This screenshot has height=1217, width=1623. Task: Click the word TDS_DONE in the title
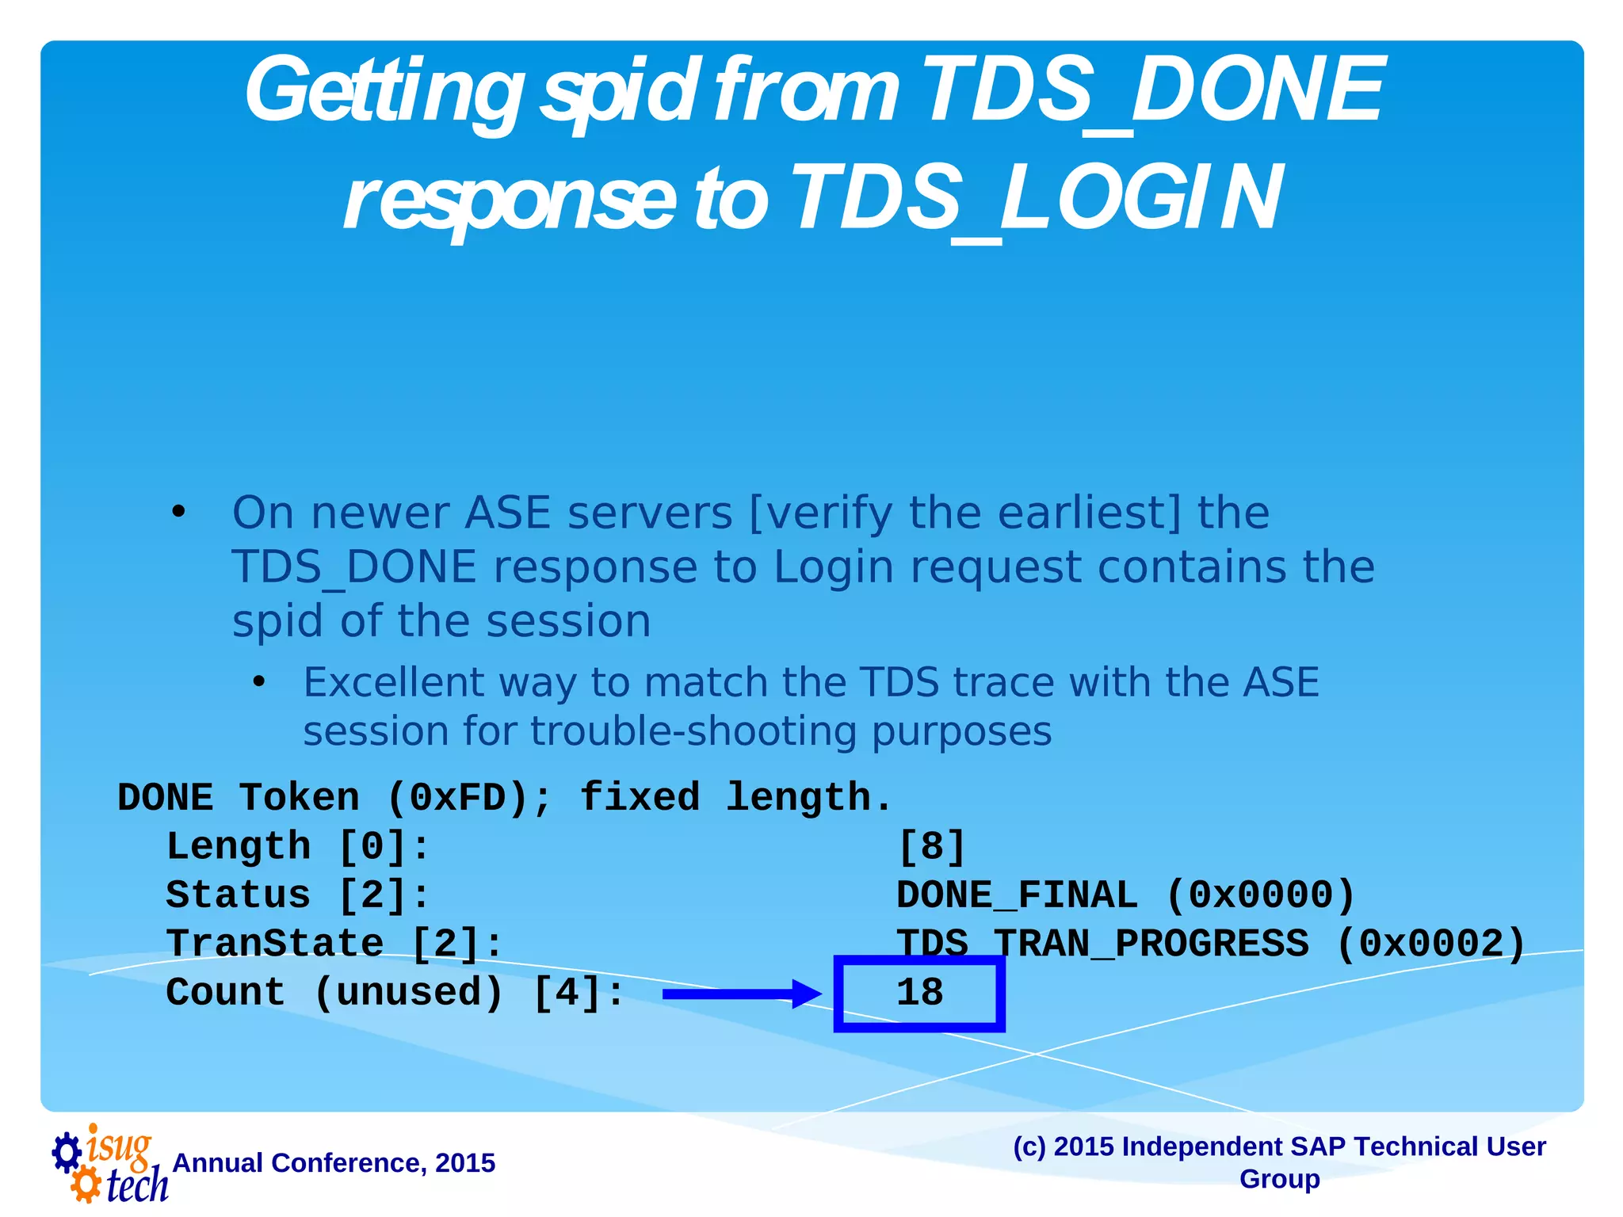click(x=1153, y=91)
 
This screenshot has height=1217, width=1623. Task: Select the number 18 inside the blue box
click(x=919, y=993)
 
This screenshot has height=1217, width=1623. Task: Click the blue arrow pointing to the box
click(x=741, y=994)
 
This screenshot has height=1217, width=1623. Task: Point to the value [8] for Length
click(x=931, y=847)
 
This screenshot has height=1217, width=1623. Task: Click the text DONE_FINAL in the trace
click(x=1017, y=895)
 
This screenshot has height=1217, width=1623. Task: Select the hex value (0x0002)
click(x=1430, y=944)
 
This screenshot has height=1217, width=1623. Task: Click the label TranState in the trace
click(x=275, y=944)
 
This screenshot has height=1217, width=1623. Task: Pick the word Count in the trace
click(x=225, y=993)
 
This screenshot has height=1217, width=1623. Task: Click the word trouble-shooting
click(x=693, y=731)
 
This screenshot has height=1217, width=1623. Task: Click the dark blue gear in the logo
click(x=67, y=1151)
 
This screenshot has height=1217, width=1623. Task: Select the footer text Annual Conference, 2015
click(x=334, y=1163)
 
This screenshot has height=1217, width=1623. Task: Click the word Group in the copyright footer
click(x=1279, y=1179)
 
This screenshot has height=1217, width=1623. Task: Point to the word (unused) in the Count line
click(x=409, y=993)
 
